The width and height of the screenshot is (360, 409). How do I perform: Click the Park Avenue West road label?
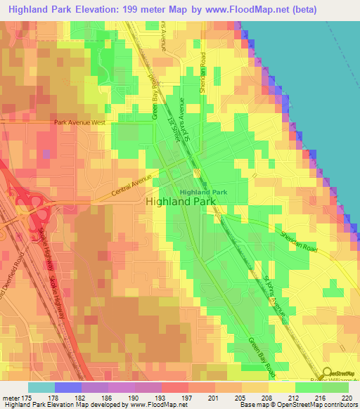79,122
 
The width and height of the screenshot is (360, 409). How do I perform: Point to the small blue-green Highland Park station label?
203,192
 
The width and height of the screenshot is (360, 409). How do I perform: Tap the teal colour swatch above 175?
41,387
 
